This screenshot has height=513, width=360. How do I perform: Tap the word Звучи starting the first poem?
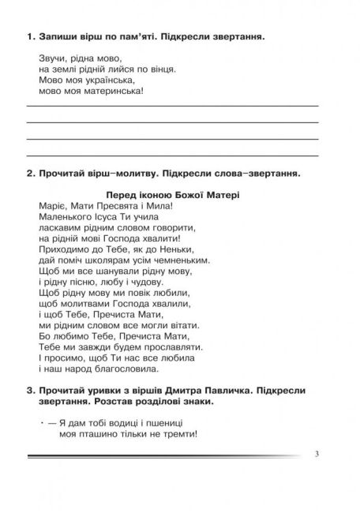(x=51, y=58)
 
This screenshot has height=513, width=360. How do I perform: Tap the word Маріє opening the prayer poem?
(x=52, y=205)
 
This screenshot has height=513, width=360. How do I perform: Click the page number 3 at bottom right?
(x=317, y=454)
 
